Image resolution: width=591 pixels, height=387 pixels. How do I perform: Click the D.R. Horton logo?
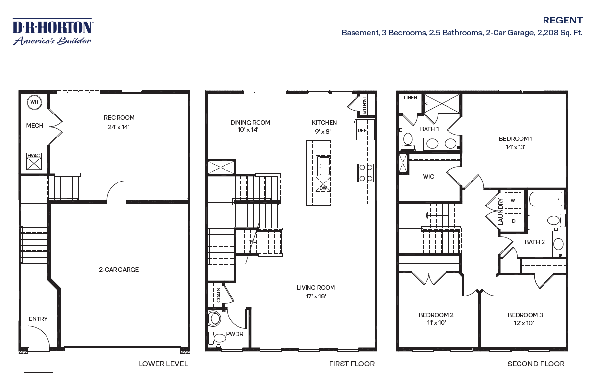[53, 31]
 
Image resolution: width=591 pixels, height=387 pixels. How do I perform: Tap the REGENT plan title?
[563, 20]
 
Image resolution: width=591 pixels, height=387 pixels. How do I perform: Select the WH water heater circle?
[34, 102]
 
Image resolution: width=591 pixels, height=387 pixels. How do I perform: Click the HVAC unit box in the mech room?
[34, 161]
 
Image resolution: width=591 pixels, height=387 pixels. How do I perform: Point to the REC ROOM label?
[119, 118]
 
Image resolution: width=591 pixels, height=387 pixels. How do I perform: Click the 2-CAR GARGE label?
[118, 270]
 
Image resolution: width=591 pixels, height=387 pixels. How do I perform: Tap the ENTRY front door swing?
[39, 339]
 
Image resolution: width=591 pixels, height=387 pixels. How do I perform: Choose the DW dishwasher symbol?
[323, 184]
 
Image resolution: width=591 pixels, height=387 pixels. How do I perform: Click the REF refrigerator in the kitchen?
[364, 130]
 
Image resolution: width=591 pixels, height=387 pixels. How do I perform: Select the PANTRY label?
[364, 106]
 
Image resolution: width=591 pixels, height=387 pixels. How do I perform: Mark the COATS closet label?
[219, 296]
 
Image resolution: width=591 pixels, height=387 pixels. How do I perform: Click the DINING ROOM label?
[250, 123]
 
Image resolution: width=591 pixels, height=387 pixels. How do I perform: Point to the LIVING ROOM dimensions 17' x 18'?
[316, 296]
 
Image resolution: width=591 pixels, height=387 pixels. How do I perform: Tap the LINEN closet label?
[410, 98]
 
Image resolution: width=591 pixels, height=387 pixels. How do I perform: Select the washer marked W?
[513, 201]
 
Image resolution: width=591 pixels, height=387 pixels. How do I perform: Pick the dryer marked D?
[513, 221]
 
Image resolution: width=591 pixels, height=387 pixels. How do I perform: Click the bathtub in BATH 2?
[545, 199]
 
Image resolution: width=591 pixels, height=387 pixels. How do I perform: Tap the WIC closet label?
[428, 177]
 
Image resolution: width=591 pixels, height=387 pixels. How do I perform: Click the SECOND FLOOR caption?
[536, 364]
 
